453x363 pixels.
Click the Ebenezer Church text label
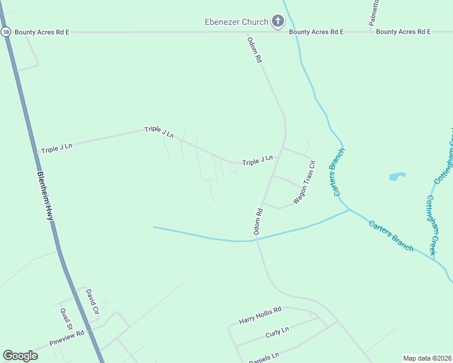click(236, 22)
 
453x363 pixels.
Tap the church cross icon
click(278, 22)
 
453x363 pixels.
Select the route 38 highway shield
click(5, 31)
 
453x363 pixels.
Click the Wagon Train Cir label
click(304, 181)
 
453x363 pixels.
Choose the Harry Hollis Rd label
click(260, 314)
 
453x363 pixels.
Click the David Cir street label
click(91, 301)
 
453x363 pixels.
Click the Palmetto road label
click(374, 13)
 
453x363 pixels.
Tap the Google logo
click(20, 356)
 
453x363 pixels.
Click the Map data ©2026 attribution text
click(427, 358)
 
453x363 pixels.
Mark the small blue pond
click(397, 177)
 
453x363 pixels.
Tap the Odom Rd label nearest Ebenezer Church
click(254, 50)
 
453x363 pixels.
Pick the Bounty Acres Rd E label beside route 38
click(42, 31)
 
